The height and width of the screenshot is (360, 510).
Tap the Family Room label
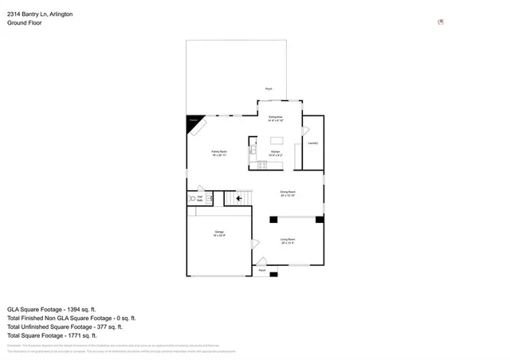click(x=218, y=152)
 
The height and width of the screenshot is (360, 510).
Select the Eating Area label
click(x=276, y=119)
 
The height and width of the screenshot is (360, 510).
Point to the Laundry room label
click(x=313, y=143)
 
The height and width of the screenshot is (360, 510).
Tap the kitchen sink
click(x=252, y=149)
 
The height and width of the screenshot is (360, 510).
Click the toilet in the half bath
click(x=192, y=198)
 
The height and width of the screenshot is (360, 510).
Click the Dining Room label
click(x=288, y=193)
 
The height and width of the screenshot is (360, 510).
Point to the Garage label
click(x=219, y=235)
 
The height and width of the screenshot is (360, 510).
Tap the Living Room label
click(x=288, y=241)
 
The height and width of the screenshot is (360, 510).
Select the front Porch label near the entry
click(x=261, y=271)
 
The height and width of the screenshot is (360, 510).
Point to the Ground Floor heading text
click(x=25, y=23)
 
